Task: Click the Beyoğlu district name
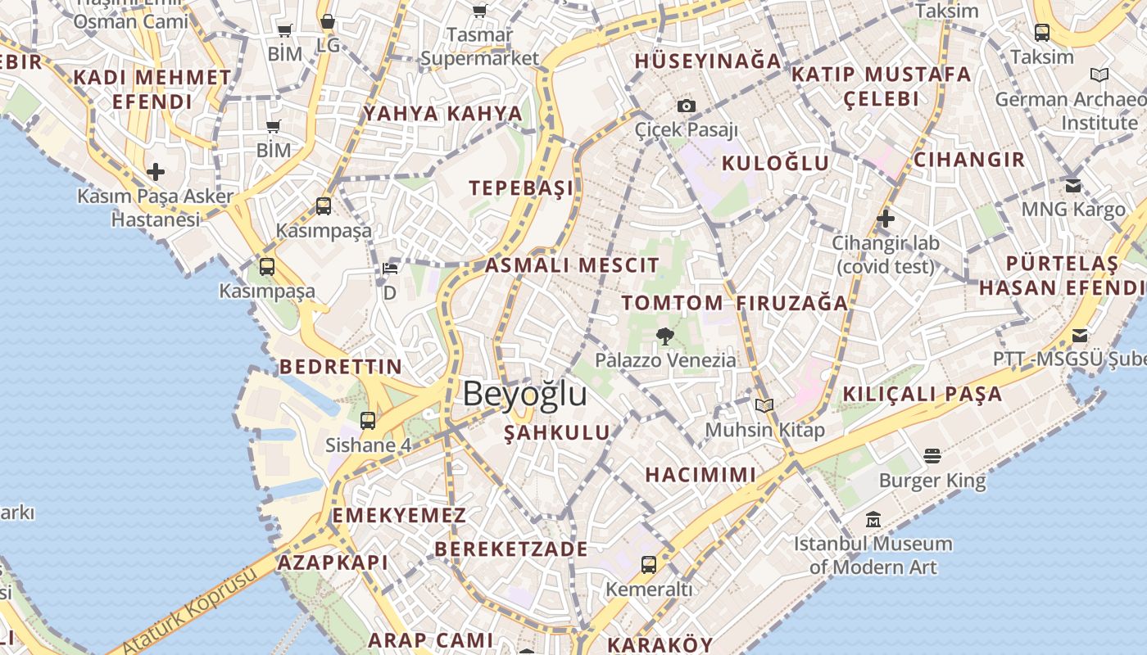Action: coord(524,394)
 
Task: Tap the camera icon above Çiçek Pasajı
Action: coord(687,106)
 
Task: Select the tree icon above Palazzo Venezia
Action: coord(665,335)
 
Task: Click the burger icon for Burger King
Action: coord(932,455)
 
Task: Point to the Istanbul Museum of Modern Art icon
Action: coord(873,520)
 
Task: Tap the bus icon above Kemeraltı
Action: coord(649,564)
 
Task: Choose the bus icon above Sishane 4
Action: coord(368,421)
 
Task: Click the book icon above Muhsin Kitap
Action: coord(764,405)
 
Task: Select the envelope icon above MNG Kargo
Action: coord(1073,185)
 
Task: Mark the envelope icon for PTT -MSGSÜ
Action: coord(1080,336)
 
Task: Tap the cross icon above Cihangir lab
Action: coord(885,219)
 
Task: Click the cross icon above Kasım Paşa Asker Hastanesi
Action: coord(156,172)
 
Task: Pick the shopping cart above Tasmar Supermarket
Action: coord(479,11)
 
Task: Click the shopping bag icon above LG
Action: coord(328,22)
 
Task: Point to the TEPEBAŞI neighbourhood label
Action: coord(521,187)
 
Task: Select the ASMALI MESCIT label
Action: coord(572,265)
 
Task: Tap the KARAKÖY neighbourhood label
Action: coord(660,644)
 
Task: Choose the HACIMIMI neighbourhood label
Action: coord(700,475)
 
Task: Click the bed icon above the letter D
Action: coord(390,269)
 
